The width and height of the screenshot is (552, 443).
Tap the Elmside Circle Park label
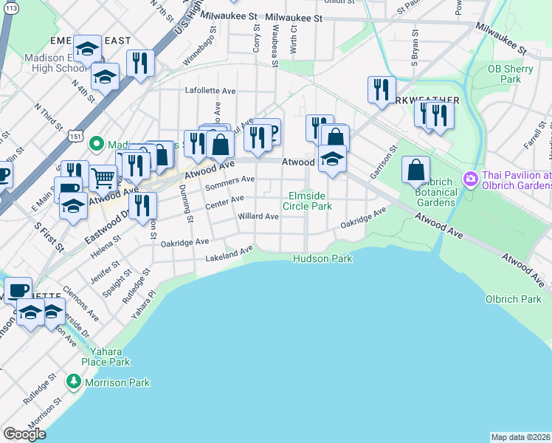(308, 201)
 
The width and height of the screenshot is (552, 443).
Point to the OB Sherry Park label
(505, 74)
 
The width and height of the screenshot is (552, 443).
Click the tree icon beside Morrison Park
(73, 382)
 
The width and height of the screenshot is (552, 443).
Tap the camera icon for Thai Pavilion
(469, 179)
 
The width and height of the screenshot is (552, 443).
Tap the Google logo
(24, 434)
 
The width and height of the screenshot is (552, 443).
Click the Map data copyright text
(520, 436)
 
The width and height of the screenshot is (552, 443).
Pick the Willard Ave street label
(258, 216)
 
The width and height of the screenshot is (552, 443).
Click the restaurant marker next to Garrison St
(381, 89)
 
